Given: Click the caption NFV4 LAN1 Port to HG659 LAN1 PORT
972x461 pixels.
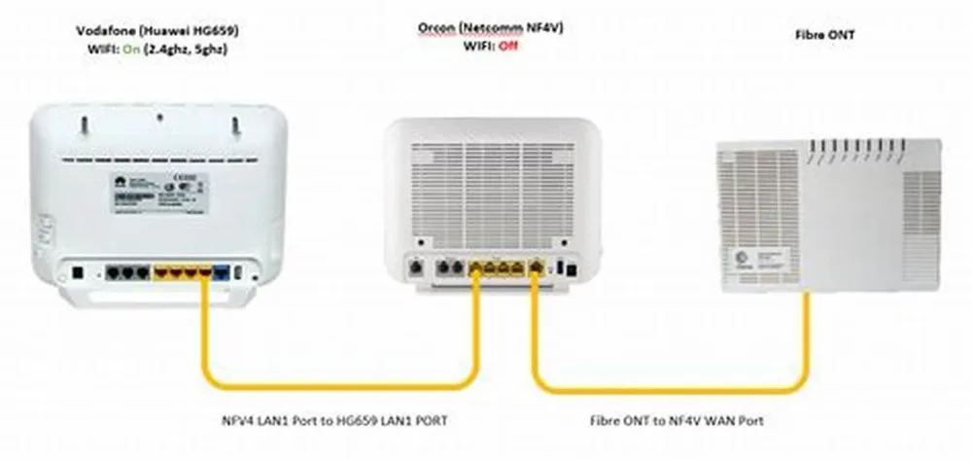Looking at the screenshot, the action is tap(334, 420).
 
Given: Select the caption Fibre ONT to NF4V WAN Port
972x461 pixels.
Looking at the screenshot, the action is tap(677, 420).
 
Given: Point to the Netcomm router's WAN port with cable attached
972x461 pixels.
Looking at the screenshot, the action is tap(535, 266).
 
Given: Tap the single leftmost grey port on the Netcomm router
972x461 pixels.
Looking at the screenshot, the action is tap(416, 266).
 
